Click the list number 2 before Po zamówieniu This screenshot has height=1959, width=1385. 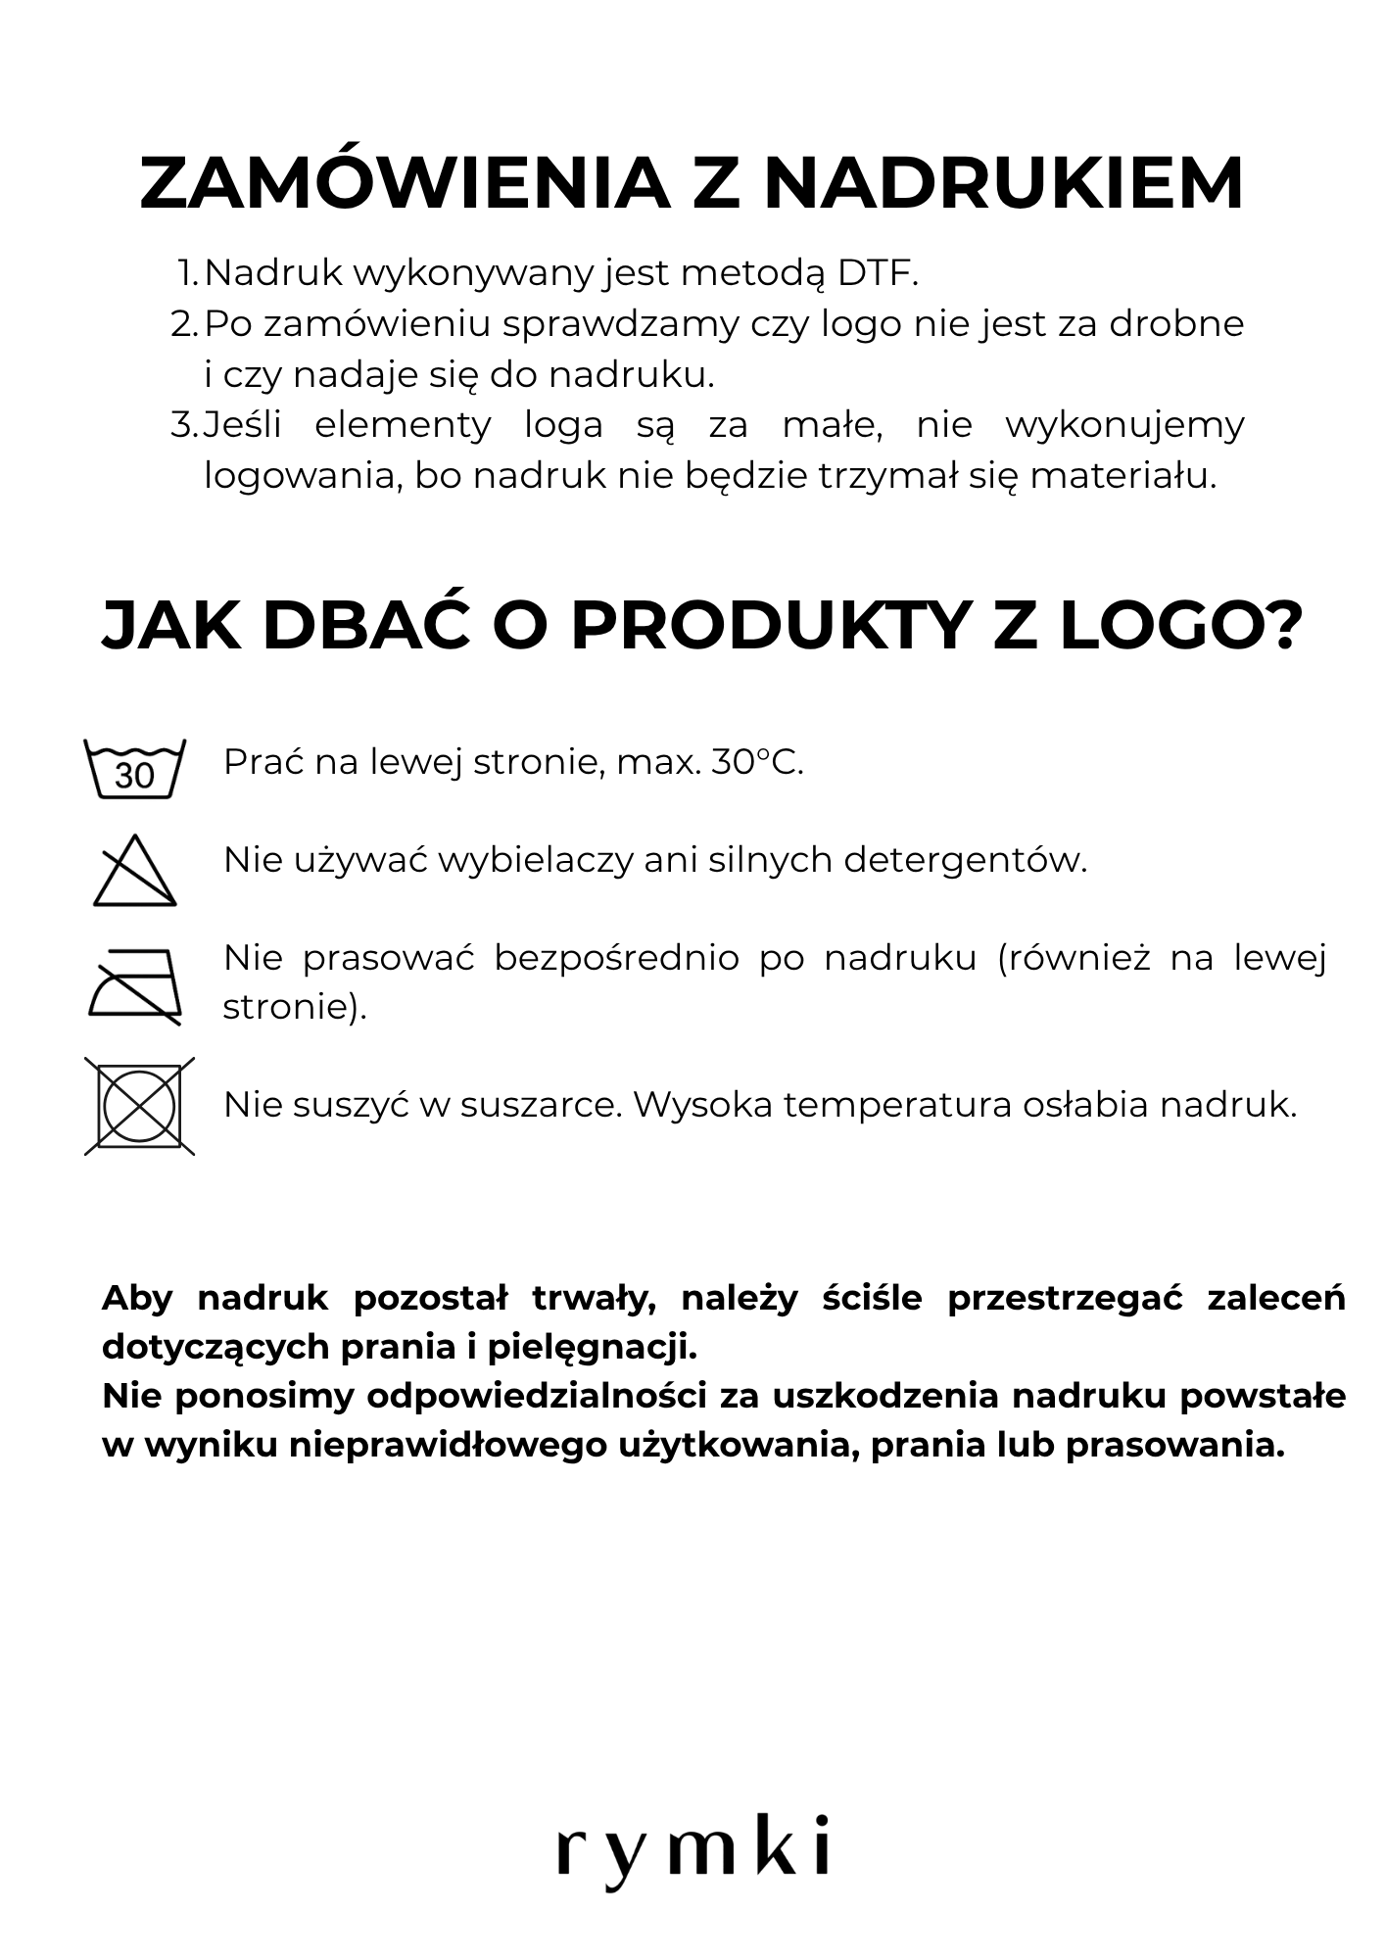pos(182,324)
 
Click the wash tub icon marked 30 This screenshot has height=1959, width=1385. pos(134,770)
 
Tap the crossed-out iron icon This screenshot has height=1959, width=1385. pos(134,985)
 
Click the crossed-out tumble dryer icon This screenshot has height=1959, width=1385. pos(138,1106)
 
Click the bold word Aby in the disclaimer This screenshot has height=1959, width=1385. pos(137,1298)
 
